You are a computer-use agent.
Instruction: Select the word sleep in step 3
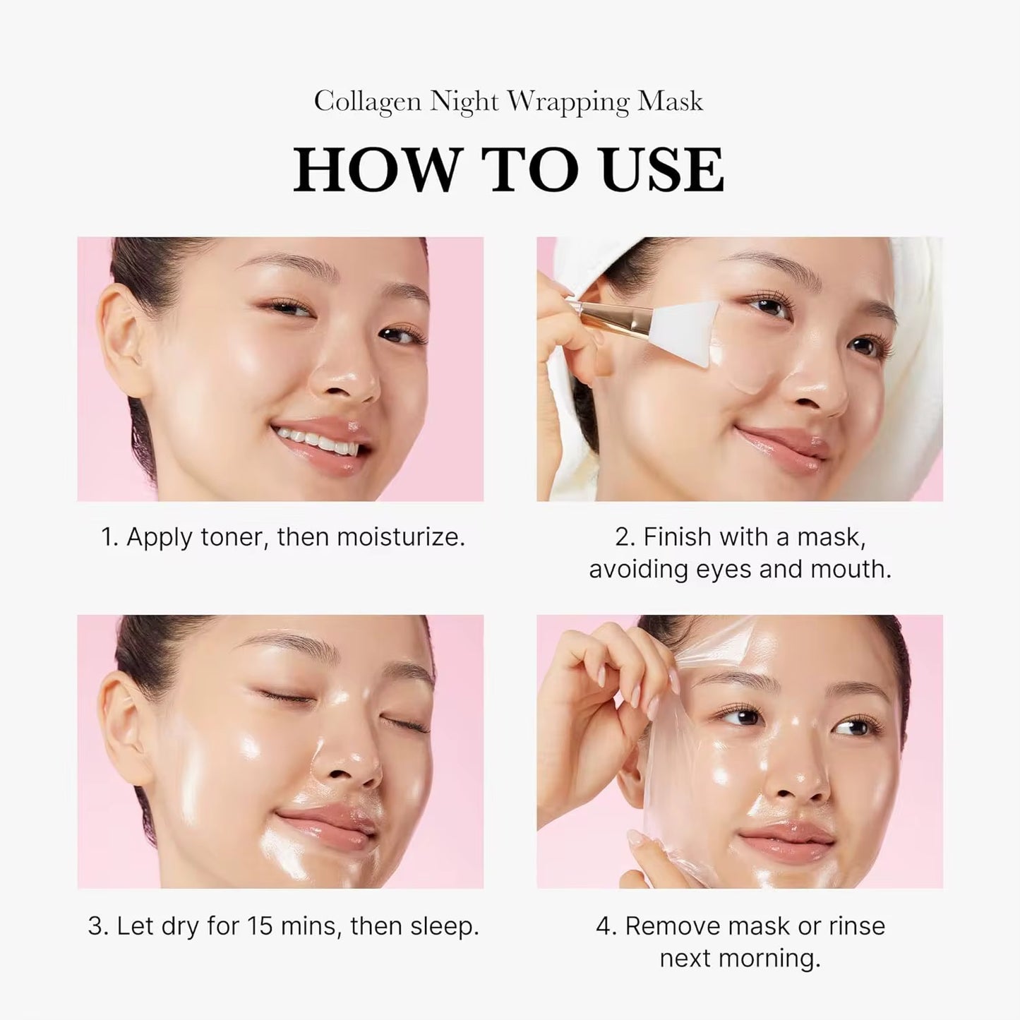[443, 926]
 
